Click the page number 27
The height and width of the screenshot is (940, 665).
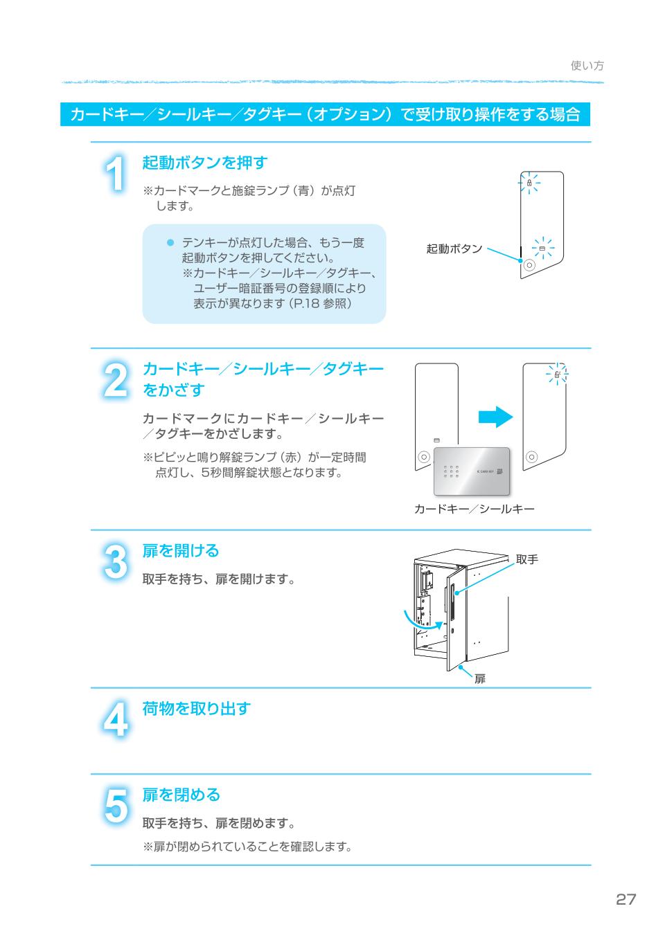[625, 899]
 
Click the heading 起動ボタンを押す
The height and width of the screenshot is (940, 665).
[204, 163]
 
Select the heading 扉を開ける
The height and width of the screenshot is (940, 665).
[180, 551]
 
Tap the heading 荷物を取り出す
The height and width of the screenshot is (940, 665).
[196, 709]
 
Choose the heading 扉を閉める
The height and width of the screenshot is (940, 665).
[181, 795]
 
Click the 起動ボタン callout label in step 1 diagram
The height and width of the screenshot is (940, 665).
[454, 248]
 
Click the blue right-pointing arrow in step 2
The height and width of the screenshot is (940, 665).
[495, 417]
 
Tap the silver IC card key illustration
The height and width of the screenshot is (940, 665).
[472, 471]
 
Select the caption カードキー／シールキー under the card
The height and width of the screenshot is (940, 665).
[474, 509]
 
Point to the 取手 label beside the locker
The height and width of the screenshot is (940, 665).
[526, 559]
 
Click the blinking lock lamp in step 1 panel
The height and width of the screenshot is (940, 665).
[529, 183]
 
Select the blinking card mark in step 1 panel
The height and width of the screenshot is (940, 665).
[542, 247]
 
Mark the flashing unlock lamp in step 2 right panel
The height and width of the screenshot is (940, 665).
[557, 374]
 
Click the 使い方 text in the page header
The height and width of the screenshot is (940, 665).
[587, 66]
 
